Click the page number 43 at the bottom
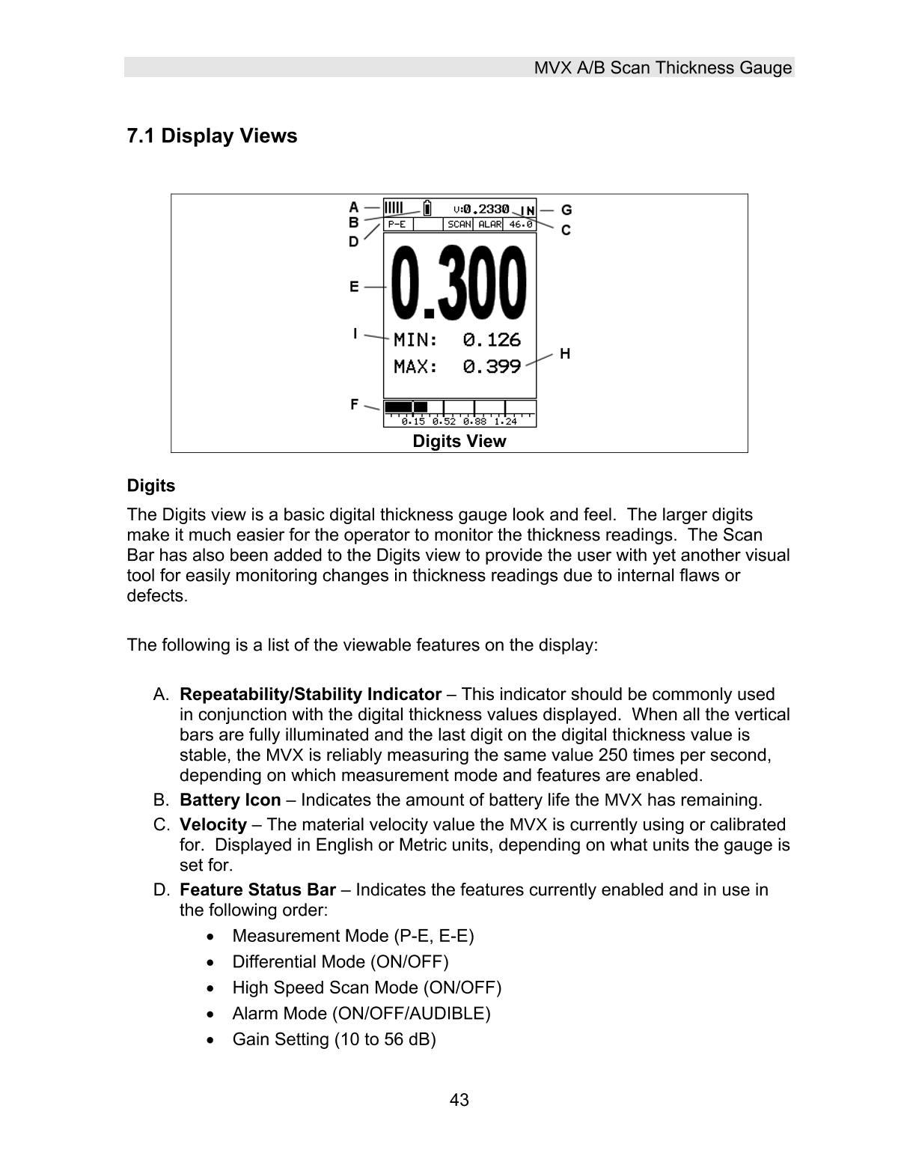coord(459,1100)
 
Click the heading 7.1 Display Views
coord(212,136)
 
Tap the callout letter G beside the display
coord(566,210)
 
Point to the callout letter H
coord(565,353)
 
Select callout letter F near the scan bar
coord(355,404)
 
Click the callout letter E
coord(354,286)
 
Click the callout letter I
coord(355,334)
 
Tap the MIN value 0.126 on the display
coord(491,340)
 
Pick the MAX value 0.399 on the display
coord(491,367)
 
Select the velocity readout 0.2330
coord(486,210)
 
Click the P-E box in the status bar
coord(397,224)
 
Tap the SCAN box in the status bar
coord(459,224)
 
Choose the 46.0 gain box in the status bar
coord(520,224)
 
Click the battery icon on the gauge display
coord(427,207)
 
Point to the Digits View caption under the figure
coord(459,442)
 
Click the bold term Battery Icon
coord(230,800)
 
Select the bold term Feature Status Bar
coord(257,890)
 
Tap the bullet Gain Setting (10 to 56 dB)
coord(334,1040)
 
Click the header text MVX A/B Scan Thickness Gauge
coord(662,68)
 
